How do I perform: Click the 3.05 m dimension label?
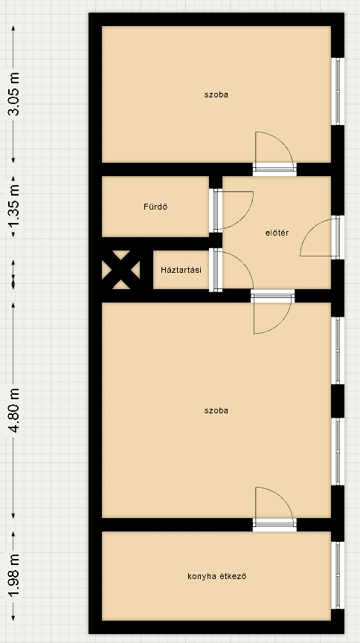pos(13,94)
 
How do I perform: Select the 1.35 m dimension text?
pos(13,207)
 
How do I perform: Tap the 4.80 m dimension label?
pos(13,410)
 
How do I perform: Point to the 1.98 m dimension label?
pos(13,576)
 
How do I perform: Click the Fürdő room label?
pos(155,207)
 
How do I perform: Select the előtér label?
pos(277,233)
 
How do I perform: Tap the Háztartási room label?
pos(181,271)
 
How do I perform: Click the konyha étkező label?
pos(216,576)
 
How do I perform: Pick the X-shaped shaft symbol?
pos(121,270)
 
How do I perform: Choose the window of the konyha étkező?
pos(338,575)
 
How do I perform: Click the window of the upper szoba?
pos(338,91)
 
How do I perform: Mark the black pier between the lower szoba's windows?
pos(338,401)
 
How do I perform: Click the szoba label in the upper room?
pos(216,94)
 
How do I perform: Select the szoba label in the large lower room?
pos(216,410)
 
